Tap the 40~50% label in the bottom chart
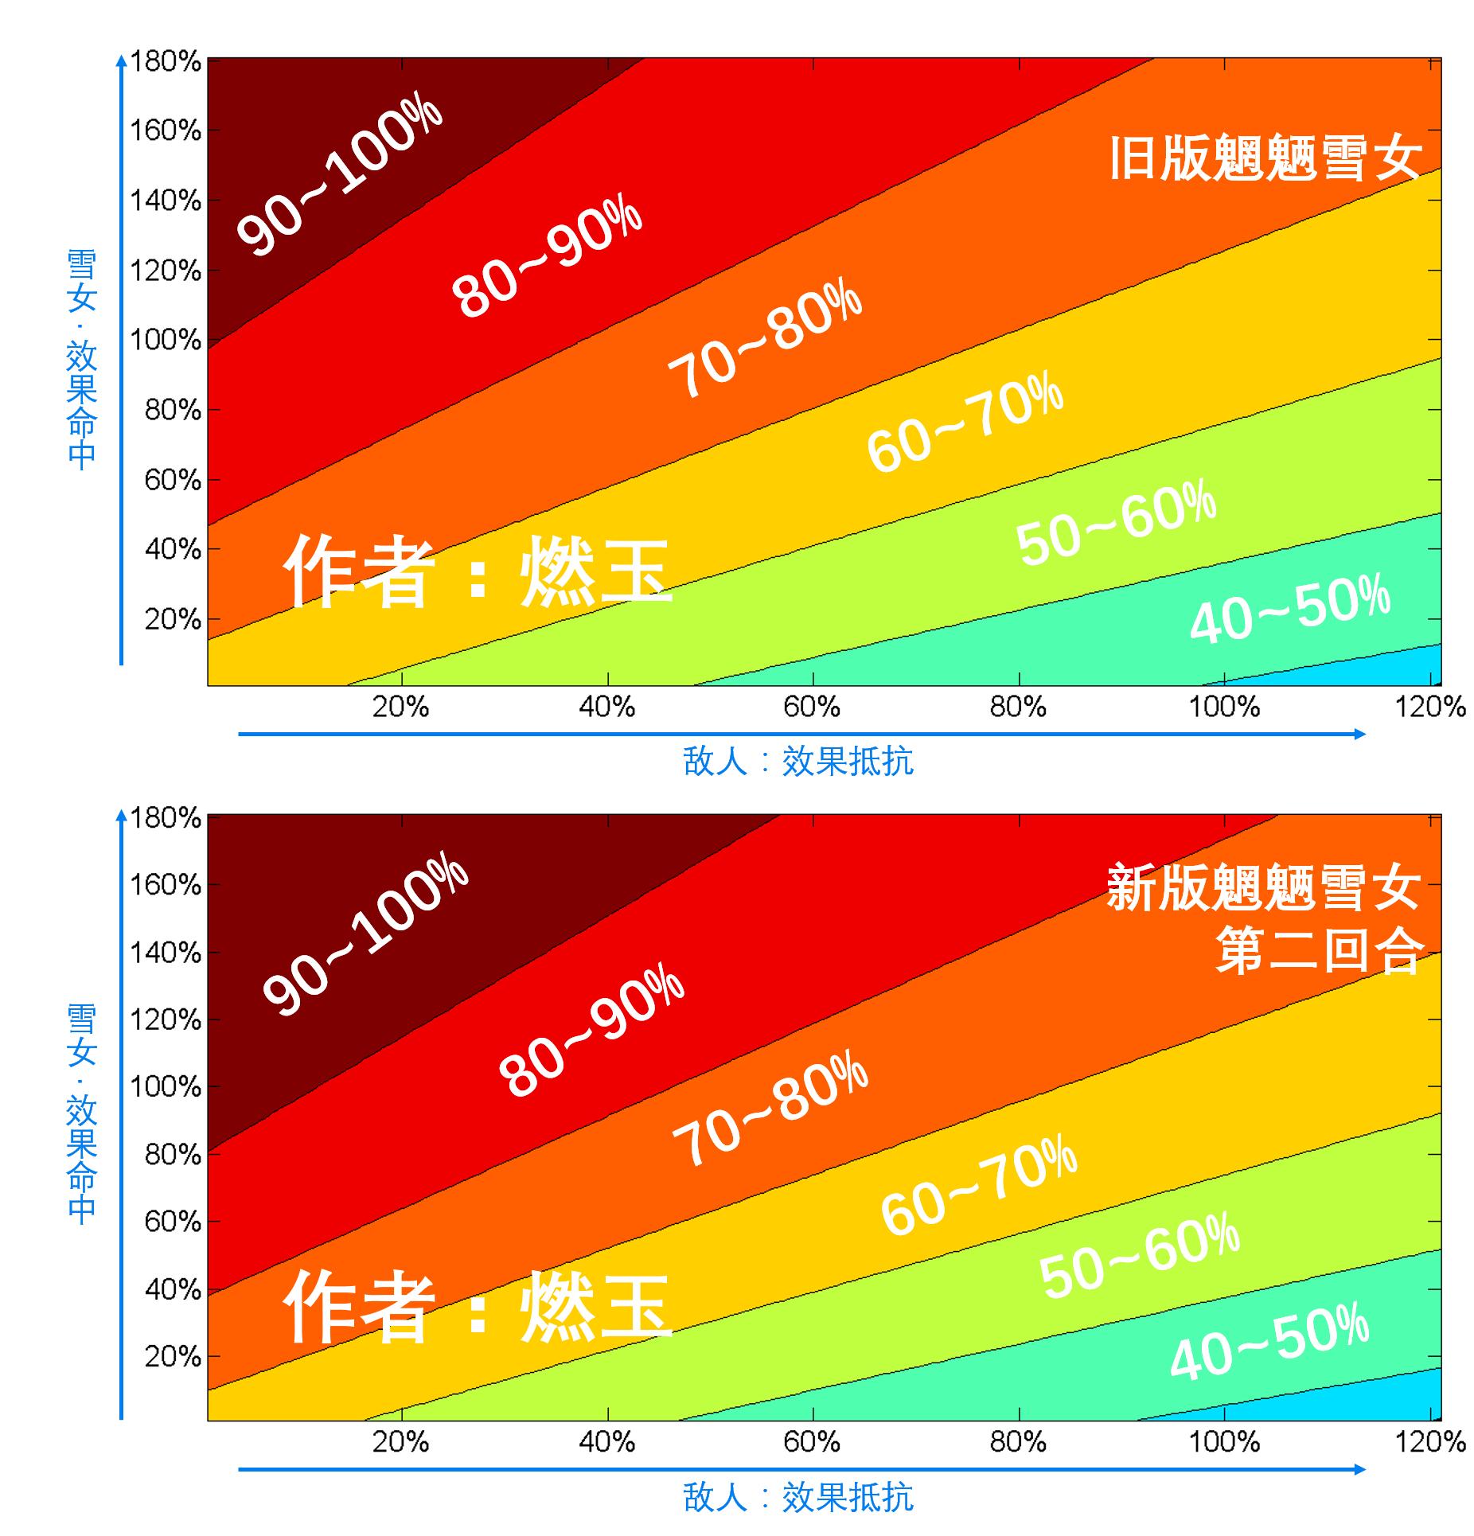point(1269,1342)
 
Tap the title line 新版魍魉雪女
point(1264,887)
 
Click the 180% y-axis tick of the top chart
point(166,61)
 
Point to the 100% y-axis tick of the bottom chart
point(166,1086)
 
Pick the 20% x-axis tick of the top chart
point(400,707)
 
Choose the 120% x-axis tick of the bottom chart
point(1429,1442)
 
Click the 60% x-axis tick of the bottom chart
point(812,1442)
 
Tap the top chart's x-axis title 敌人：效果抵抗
point(798,762)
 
